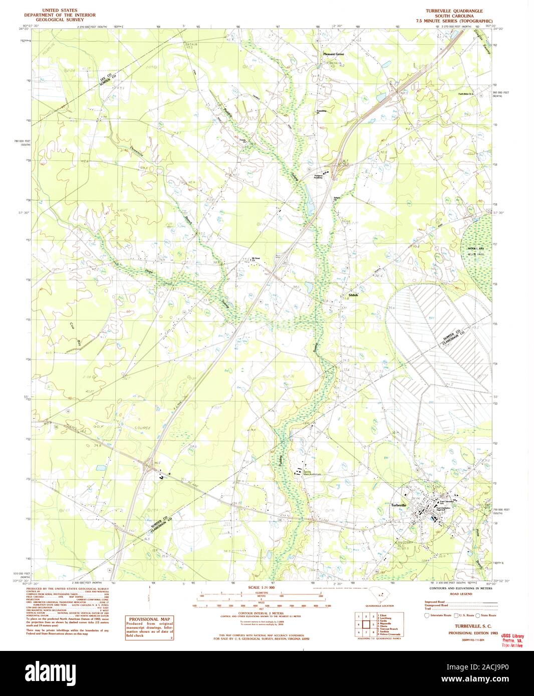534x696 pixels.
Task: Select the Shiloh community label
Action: pyautogui.click(x=353, y=295)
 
